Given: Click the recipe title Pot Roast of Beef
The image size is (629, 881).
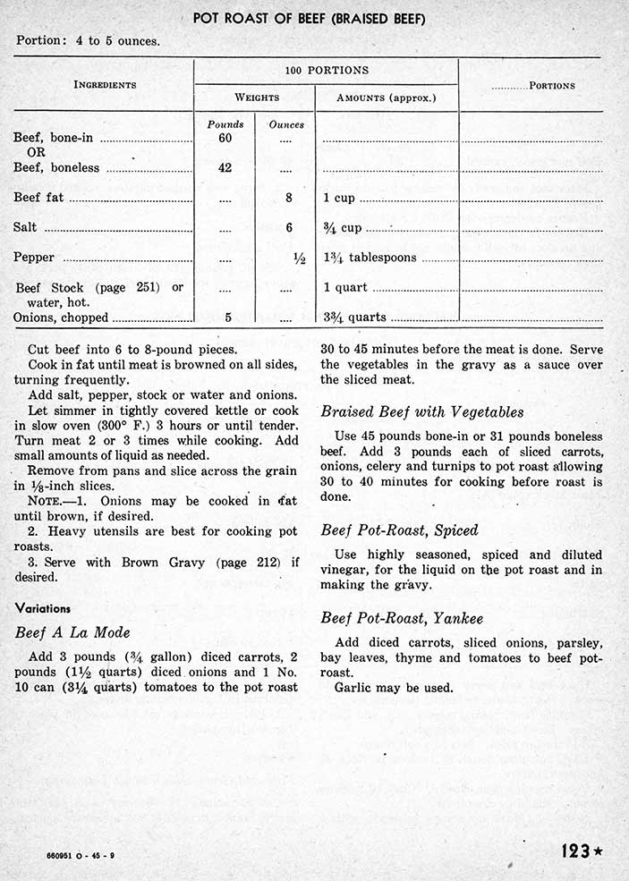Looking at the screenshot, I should (x=309, y=19).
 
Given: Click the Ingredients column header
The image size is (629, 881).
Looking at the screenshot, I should (x=105, y=85).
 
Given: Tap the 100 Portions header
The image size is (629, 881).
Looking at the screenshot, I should (x=326, y=71).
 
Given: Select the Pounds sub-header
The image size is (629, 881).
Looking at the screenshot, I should (x=225, y=124).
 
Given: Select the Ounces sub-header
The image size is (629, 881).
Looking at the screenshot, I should (x=286, y=124).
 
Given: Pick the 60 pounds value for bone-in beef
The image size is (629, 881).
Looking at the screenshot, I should (x=225, y=138).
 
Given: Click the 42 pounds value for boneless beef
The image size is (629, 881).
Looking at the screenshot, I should (x=225, y=167).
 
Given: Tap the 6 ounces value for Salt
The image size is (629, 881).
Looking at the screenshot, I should (x=289, y=228).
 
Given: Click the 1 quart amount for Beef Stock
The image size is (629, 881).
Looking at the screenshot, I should (x=345, y=288).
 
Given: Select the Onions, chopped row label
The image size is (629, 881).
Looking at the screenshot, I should (x=61, y=318).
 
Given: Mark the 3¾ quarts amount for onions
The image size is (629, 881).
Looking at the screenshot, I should (x=355, y=318).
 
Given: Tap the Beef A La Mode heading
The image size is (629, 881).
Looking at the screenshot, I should (x=73, y=632).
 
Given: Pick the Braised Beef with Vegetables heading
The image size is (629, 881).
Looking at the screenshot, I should (x=421, y=412).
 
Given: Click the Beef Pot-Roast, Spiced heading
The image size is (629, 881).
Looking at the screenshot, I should (x=399, y=529).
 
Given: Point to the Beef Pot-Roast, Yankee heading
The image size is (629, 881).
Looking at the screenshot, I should (x=402, y=617).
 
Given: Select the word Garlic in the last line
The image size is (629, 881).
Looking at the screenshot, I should (x=353, y=689).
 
